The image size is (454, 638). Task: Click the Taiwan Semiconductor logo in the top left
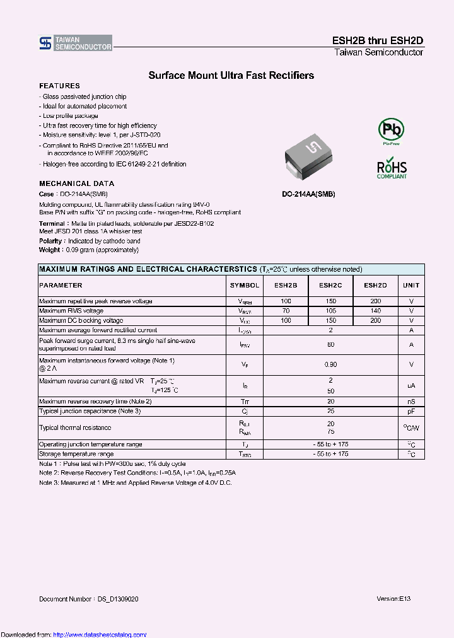75,43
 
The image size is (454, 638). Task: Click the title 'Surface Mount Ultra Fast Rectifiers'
231,76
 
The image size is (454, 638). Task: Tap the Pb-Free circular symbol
390,130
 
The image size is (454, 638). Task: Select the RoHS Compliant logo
392,168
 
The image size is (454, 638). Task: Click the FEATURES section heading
59,86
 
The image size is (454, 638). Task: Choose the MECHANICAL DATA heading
76,183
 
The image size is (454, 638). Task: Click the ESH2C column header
330,286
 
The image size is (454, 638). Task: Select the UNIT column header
411,286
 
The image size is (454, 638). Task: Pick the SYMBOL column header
245,286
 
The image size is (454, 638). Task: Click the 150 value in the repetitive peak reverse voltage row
330,301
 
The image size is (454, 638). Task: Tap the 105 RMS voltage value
330,311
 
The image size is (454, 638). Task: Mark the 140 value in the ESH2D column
376,311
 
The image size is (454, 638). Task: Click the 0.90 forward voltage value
330,364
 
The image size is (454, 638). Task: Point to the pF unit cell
411,411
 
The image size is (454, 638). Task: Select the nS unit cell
411,402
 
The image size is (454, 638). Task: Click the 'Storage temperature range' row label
76,454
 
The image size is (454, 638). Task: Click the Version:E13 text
393,598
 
